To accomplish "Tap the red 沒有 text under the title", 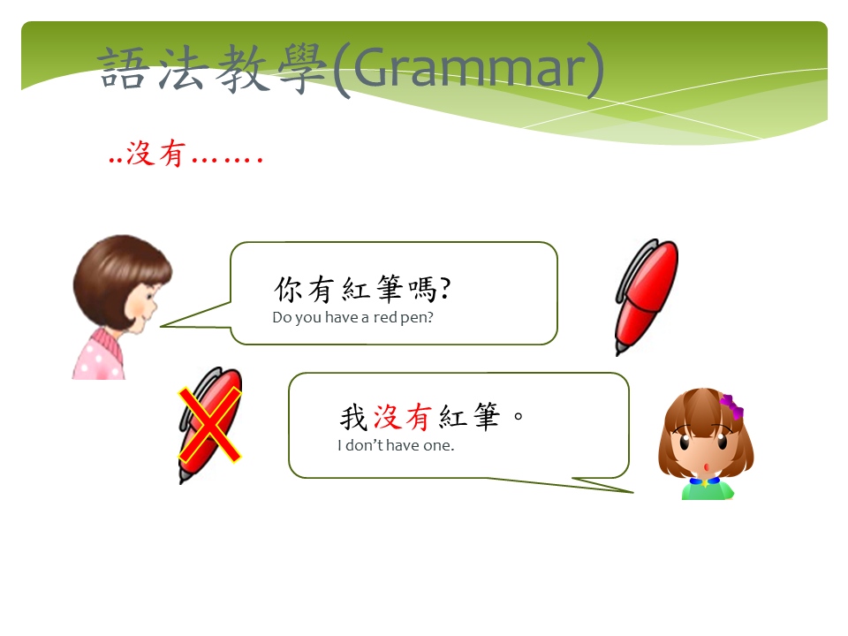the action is tap(156, 153).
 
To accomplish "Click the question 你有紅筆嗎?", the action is tap(362, 289).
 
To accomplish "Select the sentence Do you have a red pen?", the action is tap(352, 317).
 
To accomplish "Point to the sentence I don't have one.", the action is tap(396, 445).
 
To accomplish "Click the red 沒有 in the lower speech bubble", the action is tap(403, 418).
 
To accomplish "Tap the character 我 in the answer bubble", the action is tap(354, 418).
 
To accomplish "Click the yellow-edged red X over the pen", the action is tap(210, 425).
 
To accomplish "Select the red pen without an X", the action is tap(647, 297).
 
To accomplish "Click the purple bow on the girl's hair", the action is tap(732, 406).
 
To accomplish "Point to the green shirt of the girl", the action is tap(708, 490).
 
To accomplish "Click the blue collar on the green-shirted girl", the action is tap(705, 481).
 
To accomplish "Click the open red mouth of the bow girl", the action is tap(707, 466).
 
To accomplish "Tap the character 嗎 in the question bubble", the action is tap(423, 289).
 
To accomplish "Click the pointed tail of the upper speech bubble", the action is tap(162, 326).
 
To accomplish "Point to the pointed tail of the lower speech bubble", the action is tap(632, 492).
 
